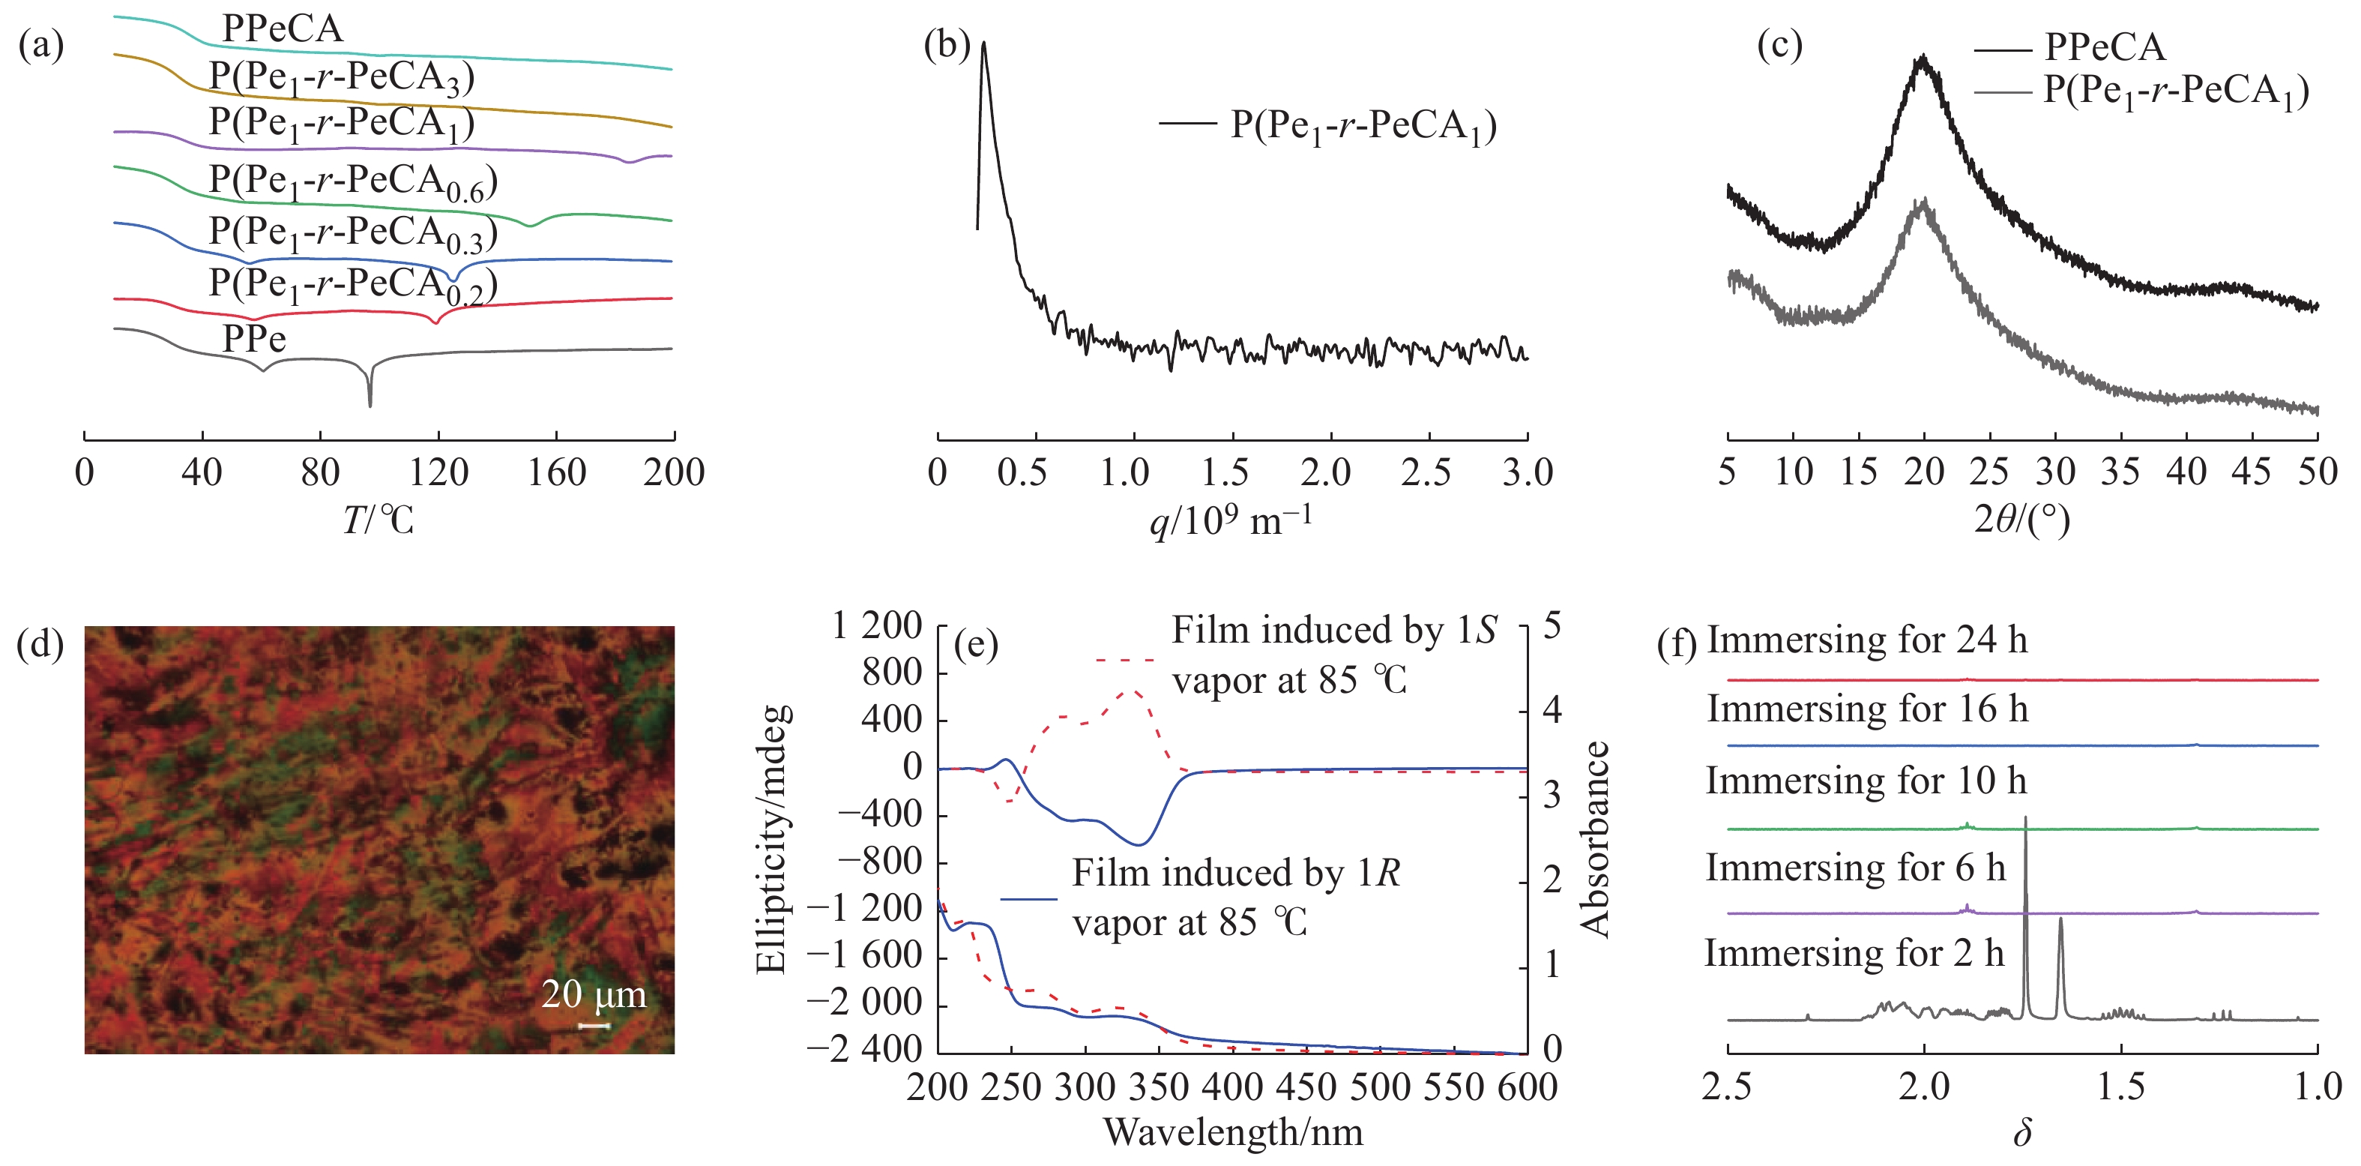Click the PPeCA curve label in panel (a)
(x=283, y=29)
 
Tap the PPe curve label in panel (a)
(x=254, y=339)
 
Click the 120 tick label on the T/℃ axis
(x=438, y=473)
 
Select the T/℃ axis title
(x=379, y=520)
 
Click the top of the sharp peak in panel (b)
(x=983, y=43)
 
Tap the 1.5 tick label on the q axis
(x=1225, y=473)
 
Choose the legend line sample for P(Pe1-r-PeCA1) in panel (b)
(x=1187, y=123)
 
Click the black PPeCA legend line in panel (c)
(x=2002, y=49)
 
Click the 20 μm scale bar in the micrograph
(x=594, y=1025)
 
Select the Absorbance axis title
(x=1596, y=839)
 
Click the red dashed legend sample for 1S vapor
(x=1126, y=659)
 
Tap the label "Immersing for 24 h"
(x=1866, y=640)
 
